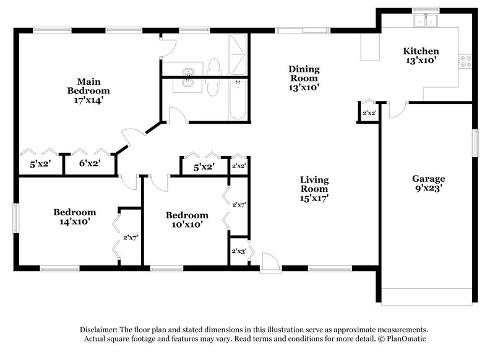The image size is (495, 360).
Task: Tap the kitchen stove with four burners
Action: point(466,61)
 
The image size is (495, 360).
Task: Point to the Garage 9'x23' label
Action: point(428,184)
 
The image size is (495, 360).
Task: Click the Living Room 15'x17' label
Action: point(314,189)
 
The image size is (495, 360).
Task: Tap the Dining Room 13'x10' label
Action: point(304,79)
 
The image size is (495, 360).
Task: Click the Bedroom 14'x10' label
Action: point(74,216)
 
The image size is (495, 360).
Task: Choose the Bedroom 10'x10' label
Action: point(187,220)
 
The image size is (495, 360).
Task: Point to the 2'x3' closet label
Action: point(239,251)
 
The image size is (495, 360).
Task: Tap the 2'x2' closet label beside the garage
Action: point(369,113)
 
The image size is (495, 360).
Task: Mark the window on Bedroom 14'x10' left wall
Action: point(16,220)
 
